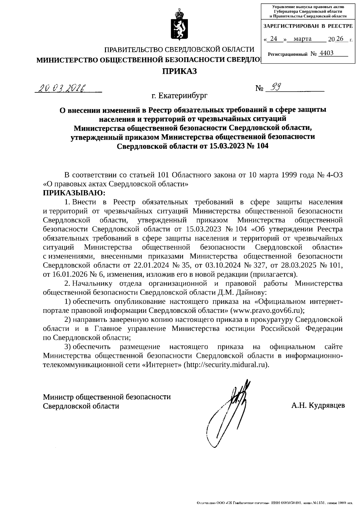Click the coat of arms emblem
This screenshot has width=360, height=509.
179,26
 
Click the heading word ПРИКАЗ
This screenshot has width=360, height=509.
179,71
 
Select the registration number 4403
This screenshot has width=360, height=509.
326,53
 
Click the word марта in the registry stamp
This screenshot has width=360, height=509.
302,39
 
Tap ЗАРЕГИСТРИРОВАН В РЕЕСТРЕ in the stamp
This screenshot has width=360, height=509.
308,26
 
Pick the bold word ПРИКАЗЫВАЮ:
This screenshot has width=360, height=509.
74,192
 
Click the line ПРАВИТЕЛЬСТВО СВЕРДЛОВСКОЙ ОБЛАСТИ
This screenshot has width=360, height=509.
179,49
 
